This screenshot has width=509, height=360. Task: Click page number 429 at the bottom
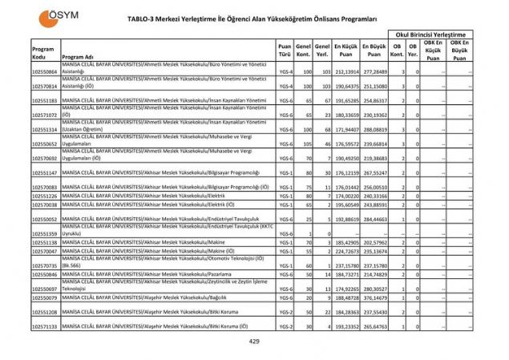click(254, 342)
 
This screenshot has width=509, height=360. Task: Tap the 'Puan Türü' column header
click(284, 51)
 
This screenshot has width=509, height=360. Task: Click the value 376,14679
click(374, 297)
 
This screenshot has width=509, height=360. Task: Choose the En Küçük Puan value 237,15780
click(345, 265)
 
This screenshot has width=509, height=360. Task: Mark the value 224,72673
click(345, 251)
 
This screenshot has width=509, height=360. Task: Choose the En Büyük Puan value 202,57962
click(374, 242)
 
